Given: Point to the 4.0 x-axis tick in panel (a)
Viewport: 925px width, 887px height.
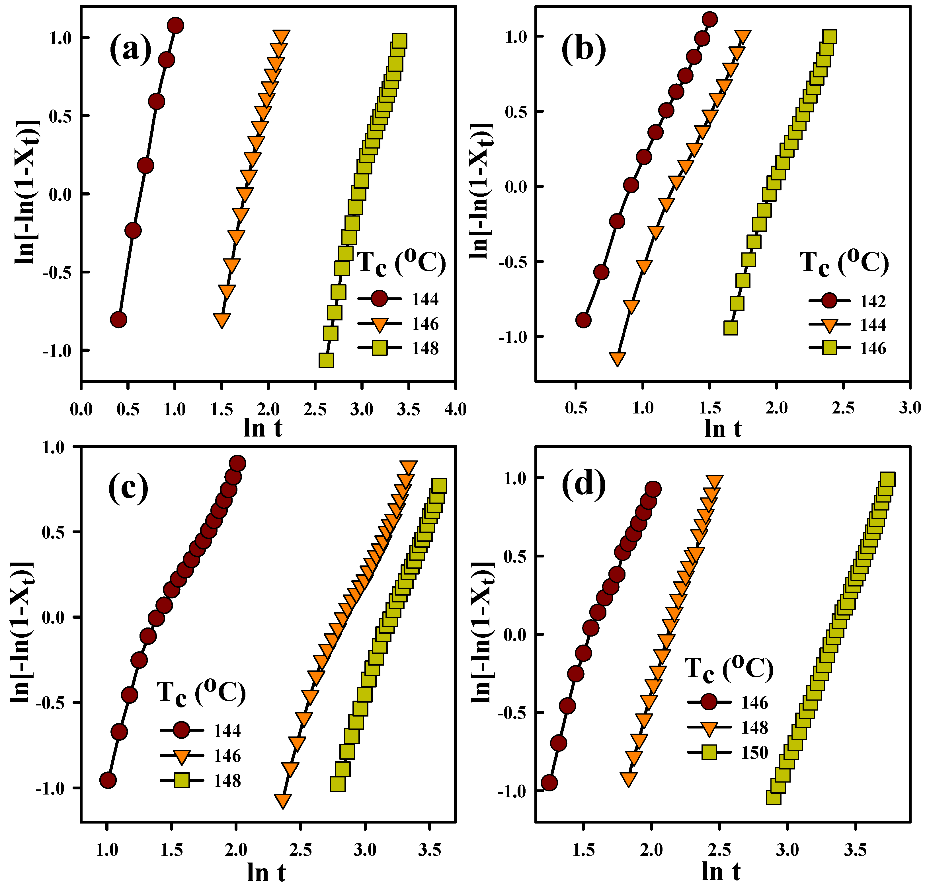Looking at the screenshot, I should pos(455,409).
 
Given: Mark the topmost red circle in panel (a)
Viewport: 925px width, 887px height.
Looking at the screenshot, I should pos(175,26).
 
